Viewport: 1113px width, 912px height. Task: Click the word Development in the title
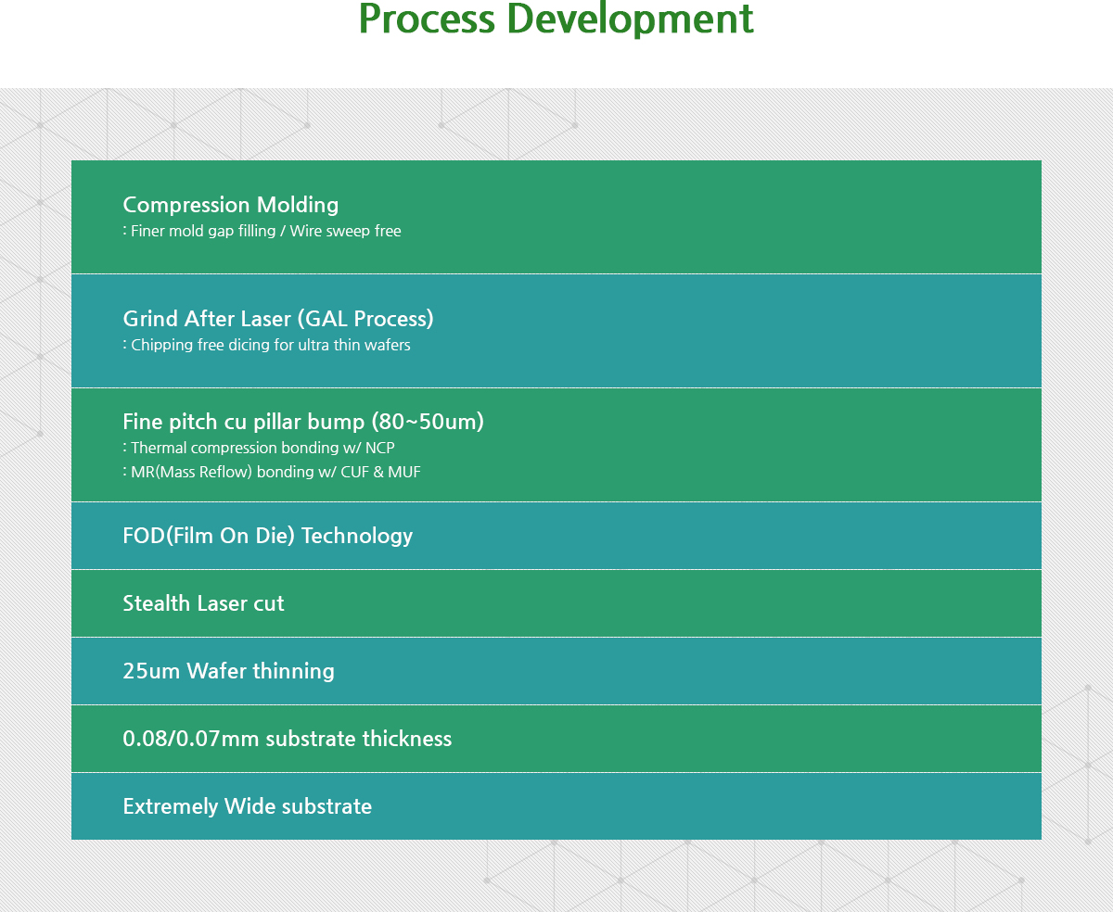[630, 19]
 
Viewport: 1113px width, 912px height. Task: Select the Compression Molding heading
[231, 205]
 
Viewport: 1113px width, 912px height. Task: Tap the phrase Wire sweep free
[345, 231]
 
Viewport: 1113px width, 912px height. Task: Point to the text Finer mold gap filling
[203, 231]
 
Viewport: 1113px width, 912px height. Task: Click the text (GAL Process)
[365, 319]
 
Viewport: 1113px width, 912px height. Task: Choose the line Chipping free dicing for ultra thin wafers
[270, 345]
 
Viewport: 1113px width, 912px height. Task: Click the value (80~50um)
[428, 422]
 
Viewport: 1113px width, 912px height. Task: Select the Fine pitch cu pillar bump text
[244, 422]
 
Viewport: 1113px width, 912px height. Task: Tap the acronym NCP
[380, 448]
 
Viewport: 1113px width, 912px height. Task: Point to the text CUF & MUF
[380, 472]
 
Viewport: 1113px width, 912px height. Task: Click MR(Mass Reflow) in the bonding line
[192, 472]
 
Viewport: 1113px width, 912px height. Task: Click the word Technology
[357, 536]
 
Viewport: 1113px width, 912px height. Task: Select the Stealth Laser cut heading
[204, 603]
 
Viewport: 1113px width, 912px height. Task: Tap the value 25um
[151, 671]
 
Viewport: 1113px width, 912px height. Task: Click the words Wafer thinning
[261, 671]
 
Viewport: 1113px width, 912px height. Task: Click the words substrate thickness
[359, 739]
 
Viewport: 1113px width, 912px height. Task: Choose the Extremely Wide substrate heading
[248, 806]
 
